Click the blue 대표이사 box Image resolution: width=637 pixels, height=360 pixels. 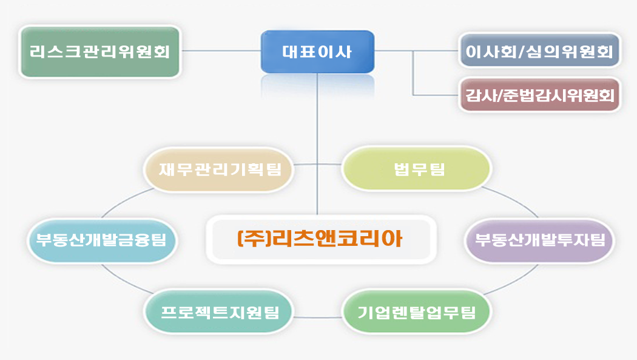point(317,52)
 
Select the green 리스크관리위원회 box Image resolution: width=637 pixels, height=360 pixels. point(100,52)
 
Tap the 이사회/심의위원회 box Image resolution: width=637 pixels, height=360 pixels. point(539,51)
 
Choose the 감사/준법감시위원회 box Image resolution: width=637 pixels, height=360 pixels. point(539,95)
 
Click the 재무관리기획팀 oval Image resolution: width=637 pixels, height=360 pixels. point(218,169)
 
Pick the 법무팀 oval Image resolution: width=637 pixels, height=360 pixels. point(417,169)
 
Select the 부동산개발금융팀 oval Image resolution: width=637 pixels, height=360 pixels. point(101,240)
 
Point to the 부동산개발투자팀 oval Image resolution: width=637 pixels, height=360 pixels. point(539,240)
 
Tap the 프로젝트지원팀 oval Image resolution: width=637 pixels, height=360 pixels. point(218,311)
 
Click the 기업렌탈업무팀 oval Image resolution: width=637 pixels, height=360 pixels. point(417,312)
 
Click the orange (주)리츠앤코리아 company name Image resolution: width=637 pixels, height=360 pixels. point(320,239)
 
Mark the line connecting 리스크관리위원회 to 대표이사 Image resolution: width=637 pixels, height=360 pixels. point(221,51)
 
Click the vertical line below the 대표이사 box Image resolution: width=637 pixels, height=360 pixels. point(317,144)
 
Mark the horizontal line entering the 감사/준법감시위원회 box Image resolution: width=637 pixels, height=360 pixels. point(436,95)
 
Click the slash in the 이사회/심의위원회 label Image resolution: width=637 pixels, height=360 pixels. point(522,51)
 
